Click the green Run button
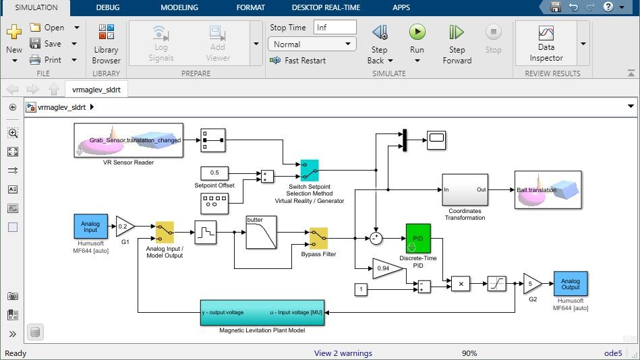click(417, 32)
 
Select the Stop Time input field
click(334, 28)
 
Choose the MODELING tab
click(179, 7)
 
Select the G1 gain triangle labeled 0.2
click(124, 227)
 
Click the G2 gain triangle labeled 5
click(531, 283)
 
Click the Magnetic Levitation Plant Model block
click(262, 312)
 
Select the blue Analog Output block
click(570, 283)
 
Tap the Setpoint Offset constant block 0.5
click(214, 172)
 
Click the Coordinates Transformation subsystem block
click(465, 190)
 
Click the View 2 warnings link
click(343, 353)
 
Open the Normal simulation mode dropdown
click(312, 44)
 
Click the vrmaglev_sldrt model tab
click(96, 90)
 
